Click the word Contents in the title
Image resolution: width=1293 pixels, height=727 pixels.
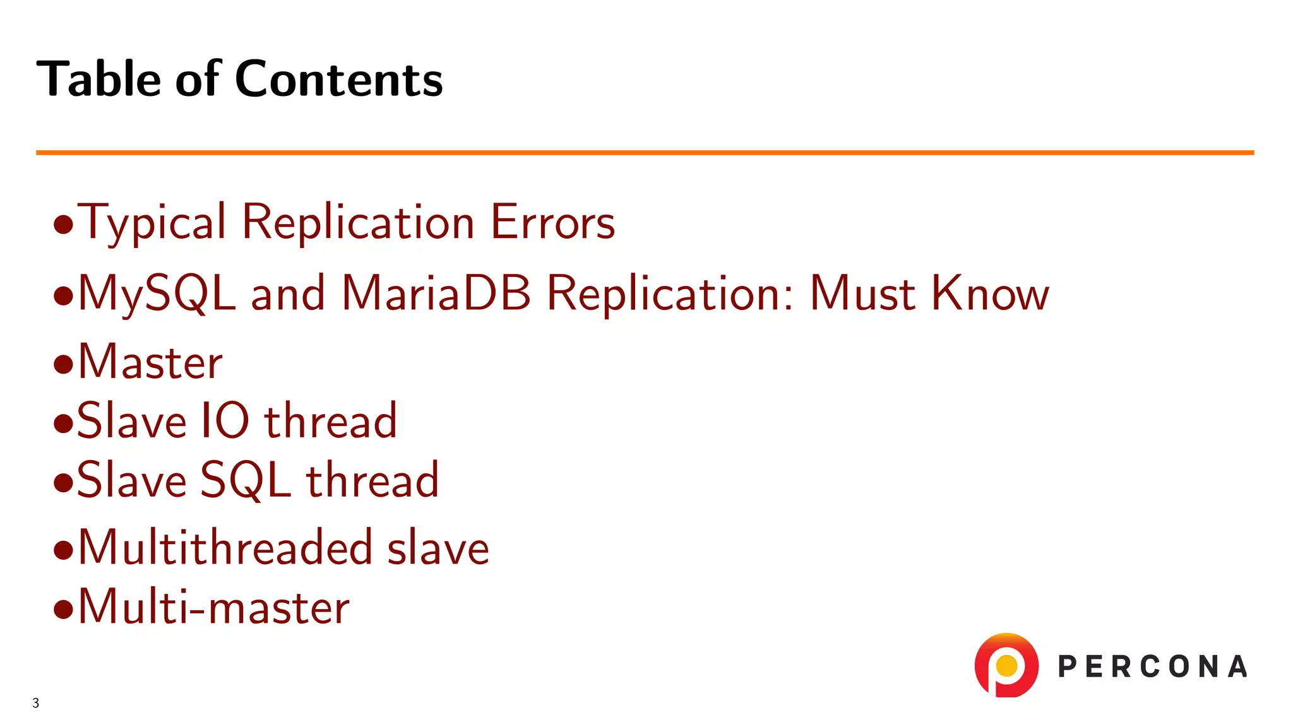pos(338,80)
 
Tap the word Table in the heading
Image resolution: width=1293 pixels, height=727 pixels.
pos(99,80)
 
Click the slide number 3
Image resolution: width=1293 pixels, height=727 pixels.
pos(36,703)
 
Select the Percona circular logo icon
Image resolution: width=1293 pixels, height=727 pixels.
pos(1006,665)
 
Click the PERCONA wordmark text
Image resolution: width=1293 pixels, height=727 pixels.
pos(1152,667)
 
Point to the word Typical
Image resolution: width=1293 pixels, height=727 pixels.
pos(152,223)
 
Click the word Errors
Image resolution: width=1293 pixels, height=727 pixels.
pos(552,223)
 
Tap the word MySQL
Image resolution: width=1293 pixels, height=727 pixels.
pos(157,294)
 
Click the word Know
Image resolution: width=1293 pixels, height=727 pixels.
pos(990,293)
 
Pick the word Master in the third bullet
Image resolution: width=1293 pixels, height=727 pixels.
pos(150,362)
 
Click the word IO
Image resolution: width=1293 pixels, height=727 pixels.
pos(225,421)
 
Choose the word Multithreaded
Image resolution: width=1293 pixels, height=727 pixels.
pos(225,547)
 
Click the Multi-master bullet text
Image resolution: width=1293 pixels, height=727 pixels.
pos(213,607)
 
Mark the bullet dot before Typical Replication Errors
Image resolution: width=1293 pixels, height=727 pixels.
pos(64,225)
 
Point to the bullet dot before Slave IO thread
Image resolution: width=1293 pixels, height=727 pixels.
pos(64,423)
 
